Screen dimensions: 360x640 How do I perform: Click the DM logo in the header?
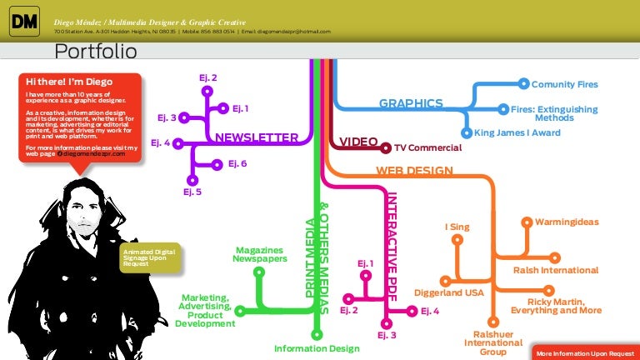click(x=24, y=22)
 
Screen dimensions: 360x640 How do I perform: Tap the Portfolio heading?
click(x=95, y=52)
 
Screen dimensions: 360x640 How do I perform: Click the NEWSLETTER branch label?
click(x=257, y=137)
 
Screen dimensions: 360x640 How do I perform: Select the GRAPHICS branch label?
click(x=411, y=103)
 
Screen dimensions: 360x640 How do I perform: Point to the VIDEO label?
click(x=359, y=142)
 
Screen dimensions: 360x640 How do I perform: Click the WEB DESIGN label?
click(x=414, y=171)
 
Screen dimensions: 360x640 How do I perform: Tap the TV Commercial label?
click(x=427, y=147)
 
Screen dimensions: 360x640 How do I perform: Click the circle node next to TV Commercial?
click(x=386, y=147)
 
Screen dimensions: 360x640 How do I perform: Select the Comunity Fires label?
click(x=564, y=84)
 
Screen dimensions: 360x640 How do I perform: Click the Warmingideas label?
click(x=567, y=222)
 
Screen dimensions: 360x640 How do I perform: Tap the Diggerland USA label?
click(x=449, y=292)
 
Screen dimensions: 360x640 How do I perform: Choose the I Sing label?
click(x=457, y=226)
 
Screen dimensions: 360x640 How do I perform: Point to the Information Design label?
click(x=317, y=348)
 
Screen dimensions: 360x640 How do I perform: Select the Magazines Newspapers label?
click(x=259, y=254)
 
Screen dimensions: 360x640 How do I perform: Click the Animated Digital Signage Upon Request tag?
click(x=147, y=257)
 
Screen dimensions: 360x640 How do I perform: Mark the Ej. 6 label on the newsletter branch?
click(x=237, y=163)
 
